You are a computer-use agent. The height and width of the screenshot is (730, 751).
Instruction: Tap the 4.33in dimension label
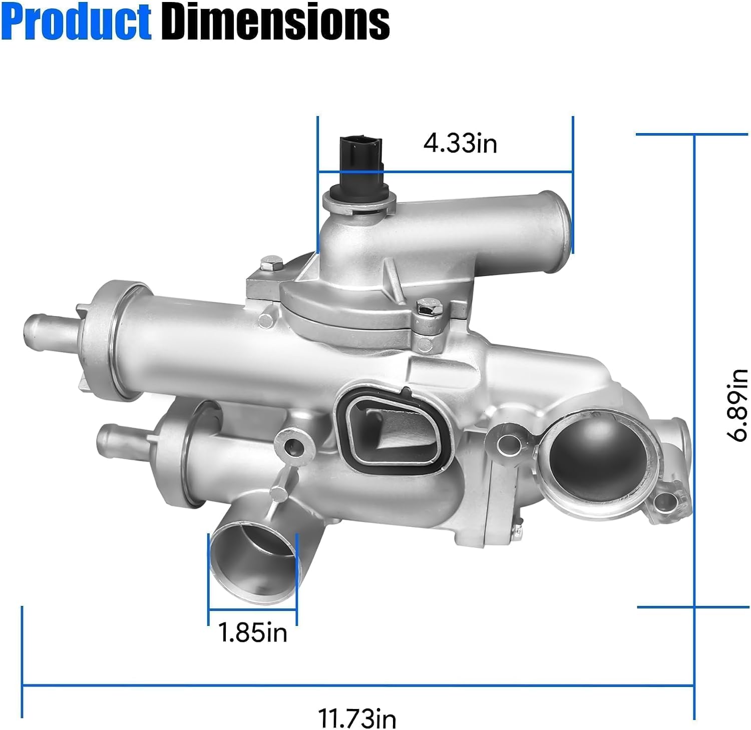point(460,143)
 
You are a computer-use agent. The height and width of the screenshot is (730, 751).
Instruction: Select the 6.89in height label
point(737,405)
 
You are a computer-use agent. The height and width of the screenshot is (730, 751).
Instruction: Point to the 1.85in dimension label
point(253,632)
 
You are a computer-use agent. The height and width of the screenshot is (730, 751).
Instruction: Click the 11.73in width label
point(357,718)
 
